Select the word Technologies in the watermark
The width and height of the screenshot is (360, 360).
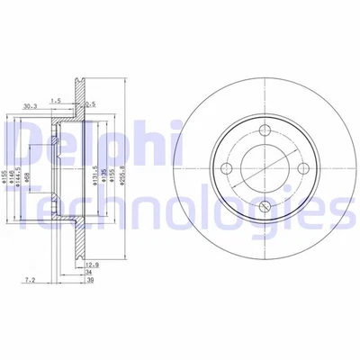(x=180, y=209)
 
